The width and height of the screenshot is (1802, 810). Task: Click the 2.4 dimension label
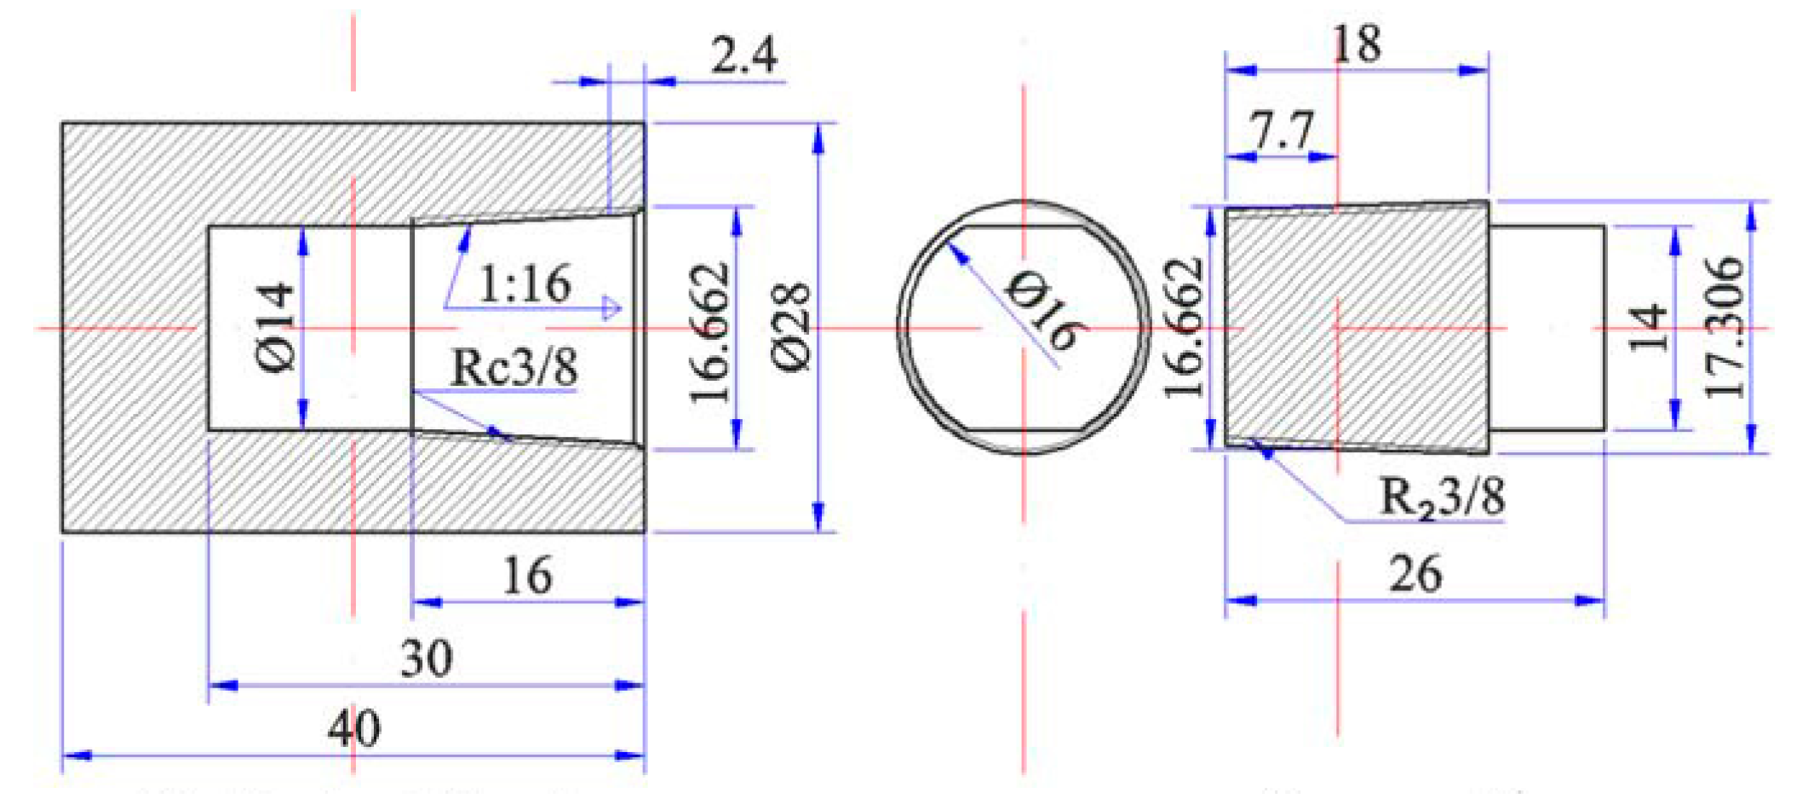coord(743,55)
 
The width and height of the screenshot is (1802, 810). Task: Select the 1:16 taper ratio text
coord(525,284)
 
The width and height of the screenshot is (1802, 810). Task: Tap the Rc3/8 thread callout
coord(514,368)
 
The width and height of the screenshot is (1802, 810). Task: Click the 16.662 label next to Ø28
coord(710,332)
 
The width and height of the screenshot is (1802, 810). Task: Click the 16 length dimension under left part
coord(527,576)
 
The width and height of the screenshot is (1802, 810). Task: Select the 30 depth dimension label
coord(426,658)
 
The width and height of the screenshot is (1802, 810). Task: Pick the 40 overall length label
coord(354,729)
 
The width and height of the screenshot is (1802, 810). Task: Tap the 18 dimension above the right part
coord(1356,44)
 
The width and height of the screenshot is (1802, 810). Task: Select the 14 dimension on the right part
coord(1649,328)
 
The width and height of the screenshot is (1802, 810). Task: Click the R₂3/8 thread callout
coord(1441,497)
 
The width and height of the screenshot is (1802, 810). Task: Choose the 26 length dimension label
coord(1415,574)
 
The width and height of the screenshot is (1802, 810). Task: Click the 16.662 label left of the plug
coord(1185,328)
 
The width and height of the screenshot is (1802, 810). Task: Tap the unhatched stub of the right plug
coord(1547,328)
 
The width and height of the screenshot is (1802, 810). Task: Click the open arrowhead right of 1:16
coord(611,307)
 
